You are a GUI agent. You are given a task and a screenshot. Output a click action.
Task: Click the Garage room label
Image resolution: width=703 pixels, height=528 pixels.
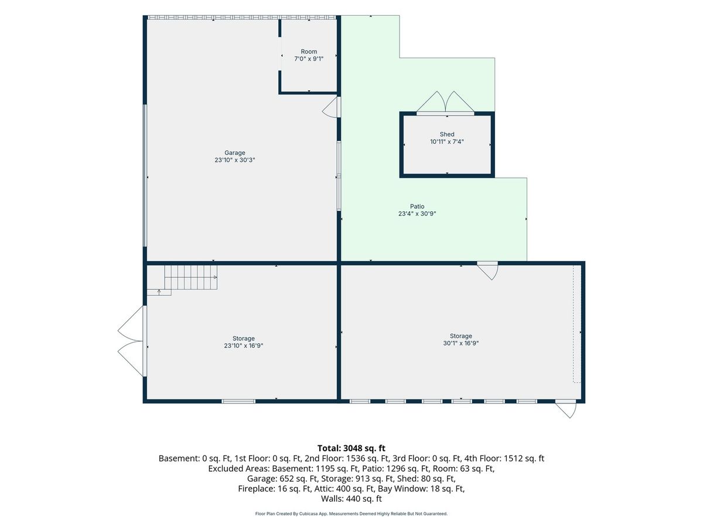pos(234,153)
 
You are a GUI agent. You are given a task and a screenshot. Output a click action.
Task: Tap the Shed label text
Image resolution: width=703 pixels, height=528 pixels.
pos(447,134)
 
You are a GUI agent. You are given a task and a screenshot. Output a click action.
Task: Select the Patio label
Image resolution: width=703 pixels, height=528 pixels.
pos(417,207)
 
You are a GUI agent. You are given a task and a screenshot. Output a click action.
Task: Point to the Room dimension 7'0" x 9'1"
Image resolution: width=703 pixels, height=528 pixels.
pos(309,59)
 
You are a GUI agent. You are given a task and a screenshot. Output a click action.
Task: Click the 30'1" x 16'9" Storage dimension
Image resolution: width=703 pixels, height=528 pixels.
pos(460,343)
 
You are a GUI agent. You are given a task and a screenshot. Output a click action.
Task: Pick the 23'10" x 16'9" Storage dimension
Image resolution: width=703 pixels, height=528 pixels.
pos(243,346)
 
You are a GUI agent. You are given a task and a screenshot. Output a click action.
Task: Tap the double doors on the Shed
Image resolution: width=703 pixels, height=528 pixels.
pos(445,103)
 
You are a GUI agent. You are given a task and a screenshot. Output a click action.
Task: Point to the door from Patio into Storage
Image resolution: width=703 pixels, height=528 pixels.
pos(487,270)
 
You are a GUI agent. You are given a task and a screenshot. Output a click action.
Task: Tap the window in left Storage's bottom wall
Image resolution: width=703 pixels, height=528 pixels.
pos(238,401)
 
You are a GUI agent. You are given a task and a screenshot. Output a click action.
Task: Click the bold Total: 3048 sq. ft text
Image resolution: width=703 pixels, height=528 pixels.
pos(351,448)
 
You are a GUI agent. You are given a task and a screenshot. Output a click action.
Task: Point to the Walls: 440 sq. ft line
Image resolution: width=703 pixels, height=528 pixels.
pos(351,499)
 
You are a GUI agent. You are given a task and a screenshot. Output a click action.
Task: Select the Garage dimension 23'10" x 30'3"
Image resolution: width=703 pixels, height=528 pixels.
pos(234,160)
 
